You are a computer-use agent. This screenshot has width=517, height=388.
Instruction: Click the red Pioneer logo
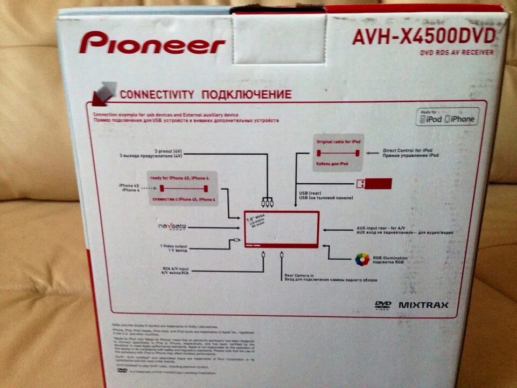152,43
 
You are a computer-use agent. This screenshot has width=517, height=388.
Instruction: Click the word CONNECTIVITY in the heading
157,94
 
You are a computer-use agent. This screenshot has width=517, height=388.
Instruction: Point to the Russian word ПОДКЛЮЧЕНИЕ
246,95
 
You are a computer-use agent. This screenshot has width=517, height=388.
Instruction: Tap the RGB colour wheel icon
361,260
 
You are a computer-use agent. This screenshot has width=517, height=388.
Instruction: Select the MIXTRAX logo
423,305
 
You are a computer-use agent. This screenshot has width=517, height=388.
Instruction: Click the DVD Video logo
382,305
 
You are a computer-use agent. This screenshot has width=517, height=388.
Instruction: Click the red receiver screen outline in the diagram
282,230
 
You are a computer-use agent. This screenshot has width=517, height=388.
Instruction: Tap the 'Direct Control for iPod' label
410,150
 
